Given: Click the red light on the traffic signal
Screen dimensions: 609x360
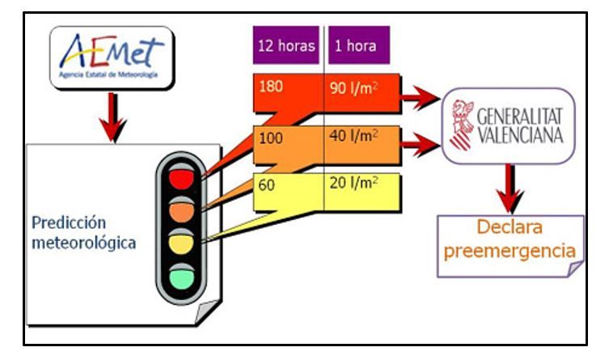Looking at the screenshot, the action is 181,179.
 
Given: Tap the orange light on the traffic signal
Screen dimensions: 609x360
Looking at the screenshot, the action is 181,211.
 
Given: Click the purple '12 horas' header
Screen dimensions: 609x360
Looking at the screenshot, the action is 285,45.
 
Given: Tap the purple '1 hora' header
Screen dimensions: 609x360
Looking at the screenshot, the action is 359,45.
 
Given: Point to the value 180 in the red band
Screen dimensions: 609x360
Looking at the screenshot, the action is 271,87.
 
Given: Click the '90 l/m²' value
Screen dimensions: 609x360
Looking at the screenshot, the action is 353,88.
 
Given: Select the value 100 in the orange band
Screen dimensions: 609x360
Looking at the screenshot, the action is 271,138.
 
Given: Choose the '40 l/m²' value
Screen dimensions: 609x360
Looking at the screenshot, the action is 353,136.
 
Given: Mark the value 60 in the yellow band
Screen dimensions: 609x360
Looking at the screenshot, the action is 266,185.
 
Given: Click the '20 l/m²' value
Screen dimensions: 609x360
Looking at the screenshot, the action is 353,183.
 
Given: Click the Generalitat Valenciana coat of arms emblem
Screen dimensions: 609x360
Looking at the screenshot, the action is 462,125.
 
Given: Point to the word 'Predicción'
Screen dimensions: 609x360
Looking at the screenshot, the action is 69,223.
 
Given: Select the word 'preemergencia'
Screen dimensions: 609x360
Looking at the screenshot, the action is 510,252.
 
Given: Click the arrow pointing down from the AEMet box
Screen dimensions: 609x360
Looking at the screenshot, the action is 112,117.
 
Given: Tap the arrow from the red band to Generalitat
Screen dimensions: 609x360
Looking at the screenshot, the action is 421,97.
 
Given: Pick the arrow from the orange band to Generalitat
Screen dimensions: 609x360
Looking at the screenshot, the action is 421,145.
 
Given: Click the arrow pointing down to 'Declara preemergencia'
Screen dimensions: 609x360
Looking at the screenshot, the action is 510,188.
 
